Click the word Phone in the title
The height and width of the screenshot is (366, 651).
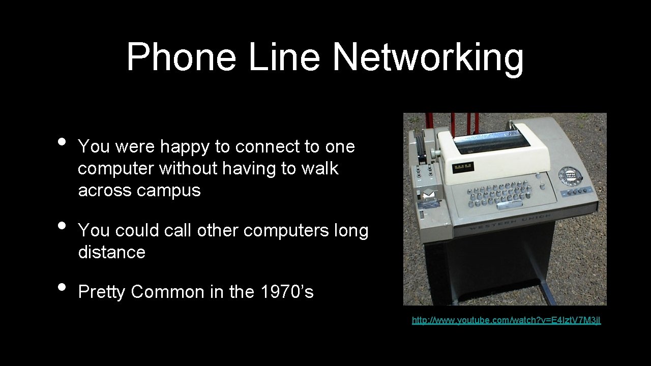click(x=181, y=57)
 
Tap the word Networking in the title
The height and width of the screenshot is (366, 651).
click(x=428, y=57)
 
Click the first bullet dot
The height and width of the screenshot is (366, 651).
click(x=62, y=141)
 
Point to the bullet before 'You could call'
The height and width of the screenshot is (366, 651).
click(x=62, y=225)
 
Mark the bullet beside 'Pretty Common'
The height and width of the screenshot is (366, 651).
click(x=62, y=287)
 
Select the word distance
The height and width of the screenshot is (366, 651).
click(x=112, y=252)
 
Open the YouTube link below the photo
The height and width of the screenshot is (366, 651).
click(x=506, y=320)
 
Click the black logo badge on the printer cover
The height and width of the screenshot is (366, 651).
click(x=463, y=167)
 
